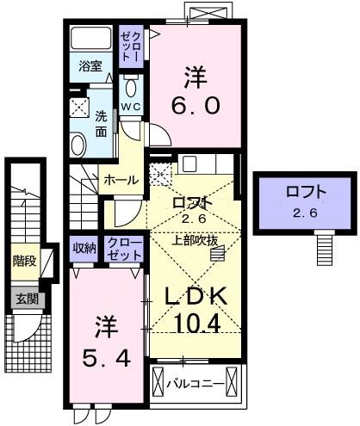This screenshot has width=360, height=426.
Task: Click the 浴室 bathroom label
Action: click(x=91, y=65)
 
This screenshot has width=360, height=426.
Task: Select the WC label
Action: click(x=131, y=107)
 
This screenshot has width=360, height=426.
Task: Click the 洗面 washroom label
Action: click(x=102, y=126)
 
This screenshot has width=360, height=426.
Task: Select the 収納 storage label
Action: click(x=84, y=248)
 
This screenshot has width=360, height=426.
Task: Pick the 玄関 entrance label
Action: click(x=24, y=299)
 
